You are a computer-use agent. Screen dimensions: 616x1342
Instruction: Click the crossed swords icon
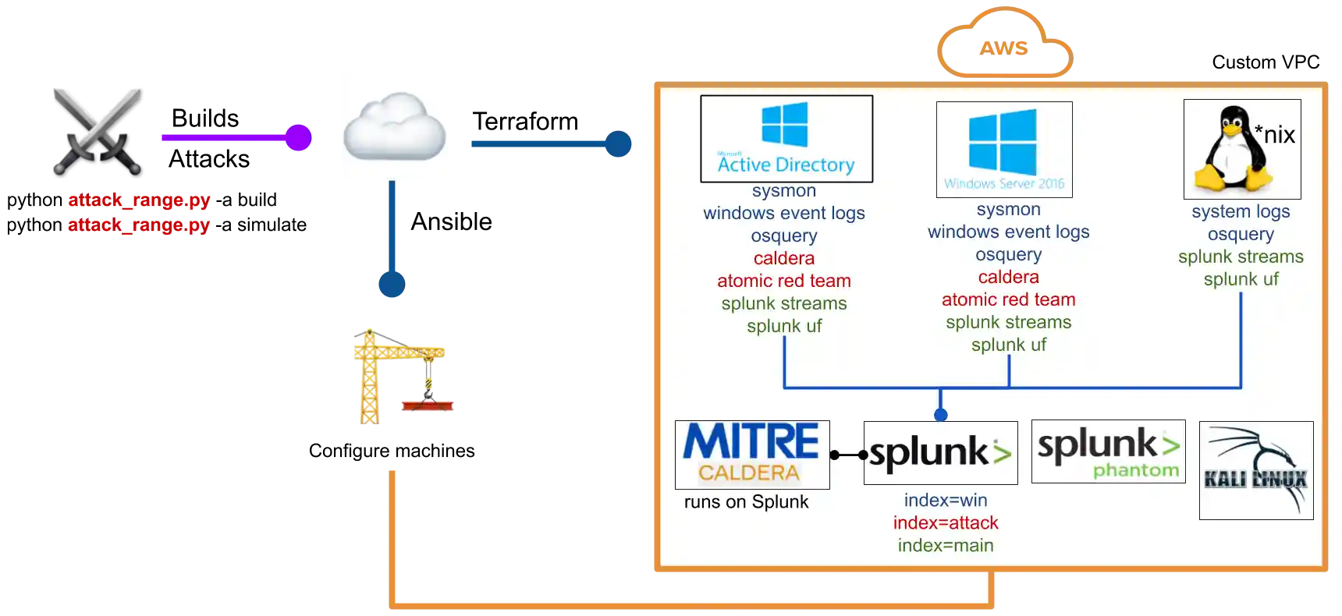97,127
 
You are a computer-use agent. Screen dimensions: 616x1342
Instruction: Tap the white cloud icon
393,125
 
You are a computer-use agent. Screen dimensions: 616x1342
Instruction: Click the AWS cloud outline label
1005,47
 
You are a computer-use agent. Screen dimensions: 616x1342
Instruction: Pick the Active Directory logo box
786,139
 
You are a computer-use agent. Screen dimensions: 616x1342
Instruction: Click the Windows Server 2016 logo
1004,150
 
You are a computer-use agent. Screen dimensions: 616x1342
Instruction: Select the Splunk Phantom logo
1108,451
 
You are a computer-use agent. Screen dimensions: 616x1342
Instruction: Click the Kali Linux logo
1256,470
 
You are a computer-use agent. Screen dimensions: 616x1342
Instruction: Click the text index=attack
946,522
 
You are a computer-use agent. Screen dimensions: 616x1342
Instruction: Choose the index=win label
946,500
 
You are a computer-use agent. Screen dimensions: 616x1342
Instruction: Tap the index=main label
946,545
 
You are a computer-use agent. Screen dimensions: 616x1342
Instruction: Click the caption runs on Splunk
746,501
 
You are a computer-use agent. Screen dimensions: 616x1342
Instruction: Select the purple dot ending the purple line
297,137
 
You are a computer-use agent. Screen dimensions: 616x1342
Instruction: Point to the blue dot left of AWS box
619,143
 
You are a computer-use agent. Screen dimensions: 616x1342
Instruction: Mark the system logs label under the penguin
1241,211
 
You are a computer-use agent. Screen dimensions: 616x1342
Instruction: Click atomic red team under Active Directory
784,281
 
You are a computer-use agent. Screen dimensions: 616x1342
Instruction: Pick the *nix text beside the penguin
1275,134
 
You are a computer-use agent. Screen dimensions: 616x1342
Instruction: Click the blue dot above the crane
391,283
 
